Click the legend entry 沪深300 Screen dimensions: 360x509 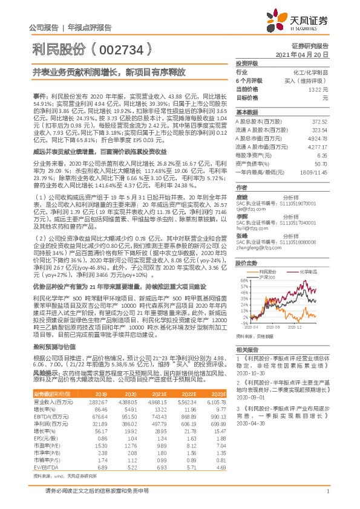point(267,277)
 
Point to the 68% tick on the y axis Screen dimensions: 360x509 point(244,281)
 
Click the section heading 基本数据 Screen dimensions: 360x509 point(246,113)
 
